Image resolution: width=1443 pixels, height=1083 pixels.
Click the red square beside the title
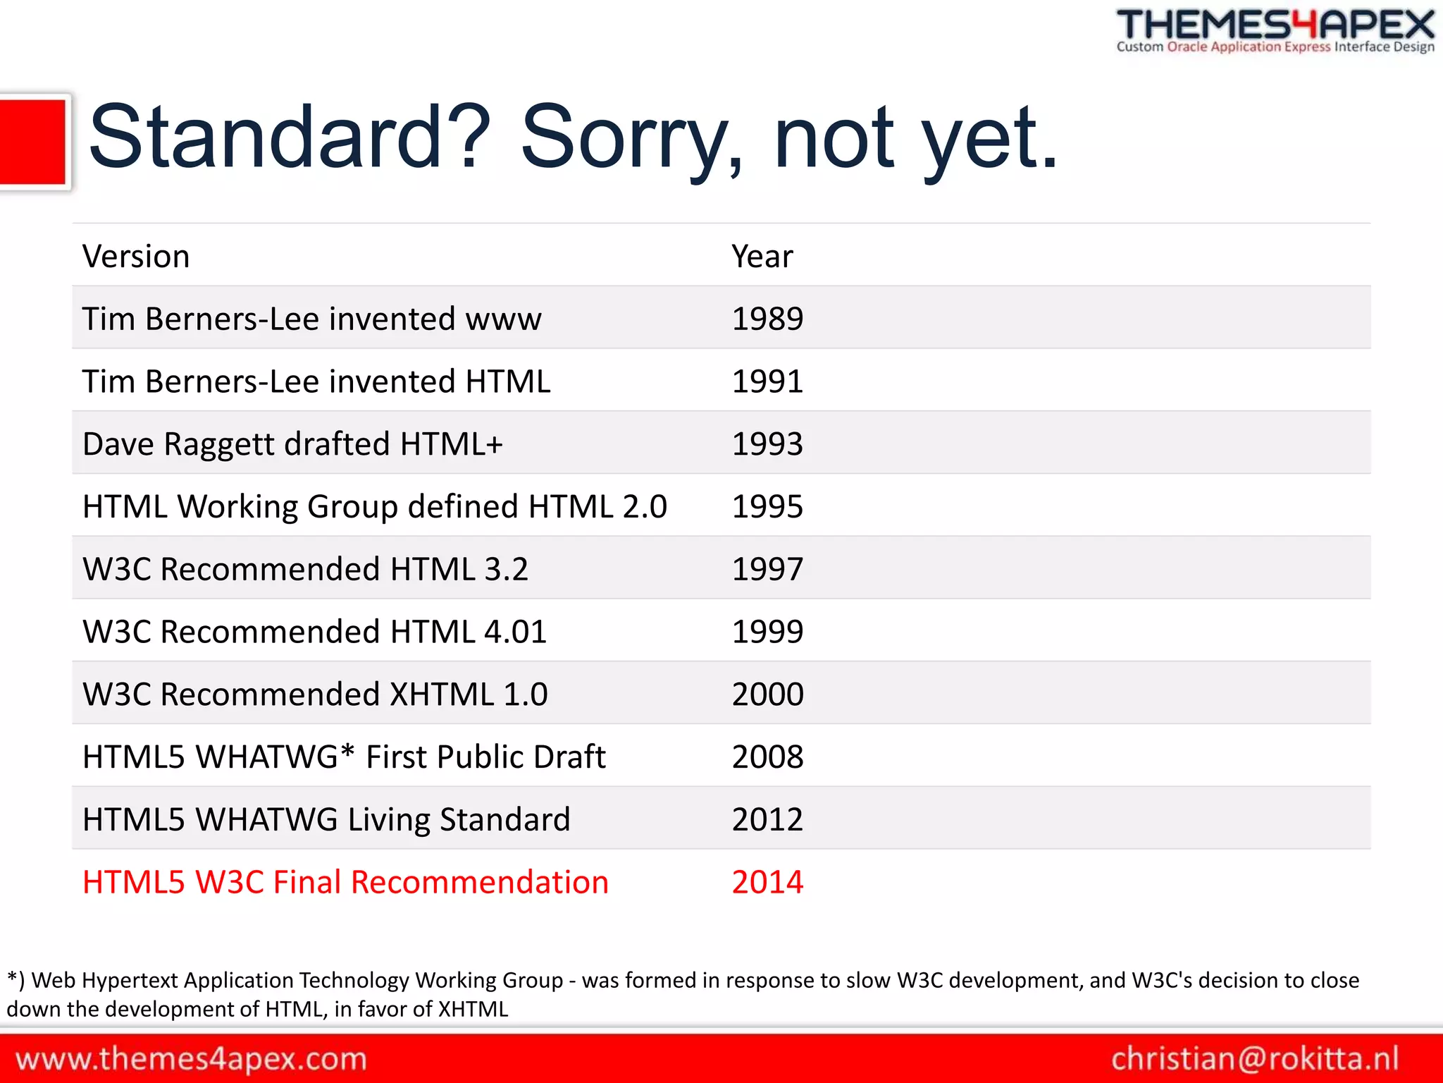(x=32, y=142)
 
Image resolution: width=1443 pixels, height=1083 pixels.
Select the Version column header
(x=136, y=256)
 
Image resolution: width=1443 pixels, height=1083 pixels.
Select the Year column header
(x=762, y=256)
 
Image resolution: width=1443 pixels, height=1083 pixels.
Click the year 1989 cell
(x=767, y=319)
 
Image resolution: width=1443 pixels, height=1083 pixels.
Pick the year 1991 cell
(x=767, y=381)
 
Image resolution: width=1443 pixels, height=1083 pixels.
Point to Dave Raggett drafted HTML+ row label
(x=292, y=444)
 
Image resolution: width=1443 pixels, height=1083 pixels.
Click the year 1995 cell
(x=767, y=507)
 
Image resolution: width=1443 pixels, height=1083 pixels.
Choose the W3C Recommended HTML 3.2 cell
(x=305, y=569)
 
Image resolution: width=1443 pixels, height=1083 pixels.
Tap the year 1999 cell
(x=767, y=632)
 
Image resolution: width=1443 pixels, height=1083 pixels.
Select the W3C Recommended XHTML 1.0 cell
(x=315, y=695)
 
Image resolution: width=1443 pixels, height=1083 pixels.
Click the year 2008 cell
(x=767, y=757)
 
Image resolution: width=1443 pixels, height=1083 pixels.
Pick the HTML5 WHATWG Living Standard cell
(x=326, y=820)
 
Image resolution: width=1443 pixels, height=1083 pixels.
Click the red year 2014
(x=767, y=882)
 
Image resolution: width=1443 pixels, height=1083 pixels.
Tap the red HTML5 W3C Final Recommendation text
(x=345, y=882)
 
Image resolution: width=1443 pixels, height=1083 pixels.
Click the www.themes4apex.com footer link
(x=191, y=1059)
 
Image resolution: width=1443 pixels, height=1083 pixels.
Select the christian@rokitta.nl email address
(x=1255, y=1059)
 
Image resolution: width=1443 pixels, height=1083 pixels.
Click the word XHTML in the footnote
(x=473, y=1009)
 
